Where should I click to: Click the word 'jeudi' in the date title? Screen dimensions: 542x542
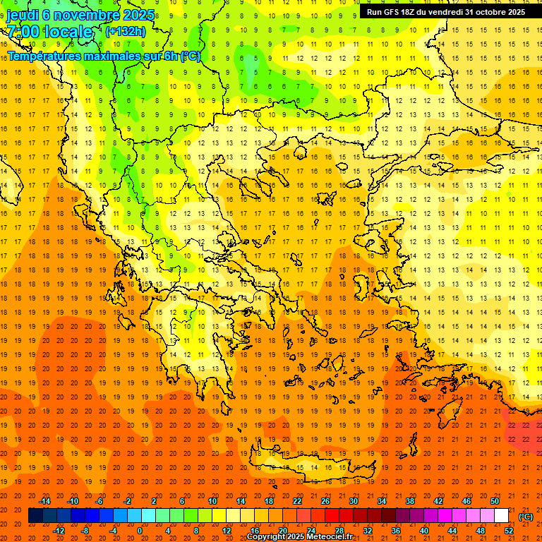click(x=23, y=15)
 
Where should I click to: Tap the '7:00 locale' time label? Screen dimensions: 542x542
click(x=49, y=32)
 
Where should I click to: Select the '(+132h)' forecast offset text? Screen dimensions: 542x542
click(x=126, y=31)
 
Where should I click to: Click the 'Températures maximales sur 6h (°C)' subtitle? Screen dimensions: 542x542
click(x=104, y=56)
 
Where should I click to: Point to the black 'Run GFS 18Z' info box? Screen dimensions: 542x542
click(x=445, y=12)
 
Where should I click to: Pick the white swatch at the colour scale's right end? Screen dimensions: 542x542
click(x=501, y=516)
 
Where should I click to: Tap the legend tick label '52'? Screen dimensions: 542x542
click(x=509, y=531)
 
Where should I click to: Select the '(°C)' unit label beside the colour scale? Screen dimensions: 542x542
click(x=526, y=517)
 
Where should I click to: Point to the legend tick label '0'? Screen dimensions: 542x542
click(x=140, y=531)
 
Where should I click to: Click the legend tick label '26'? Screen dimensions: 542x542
click(x=325, y=501)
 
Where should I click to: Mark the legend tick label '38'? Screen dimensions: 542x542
click(x=410, y=501)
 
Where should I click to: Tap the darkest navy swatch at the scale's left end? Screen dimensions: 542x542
click(x=35, y=516)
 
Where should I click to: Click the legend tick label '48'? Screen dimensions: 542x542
click(x=481, y=531)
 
